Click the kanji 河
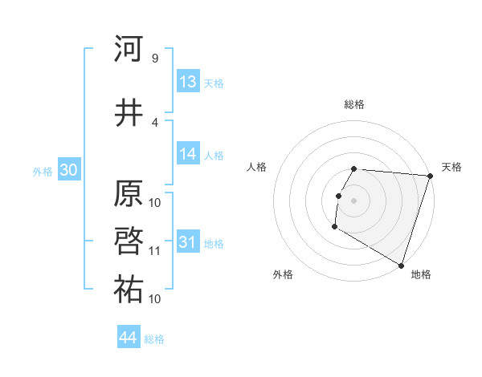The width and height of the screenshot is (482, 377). pos(129,50)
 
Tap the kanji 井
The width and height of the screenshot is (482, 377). pos(129,113)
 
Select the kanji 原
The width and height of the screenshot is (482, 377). pos(129,195)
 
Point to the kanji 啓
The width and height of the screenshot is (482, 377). pos(129,241)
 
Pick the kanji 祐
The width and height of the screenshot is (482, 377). pos(129,290)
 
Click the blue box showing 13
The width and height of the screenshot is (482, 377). pos(188,82)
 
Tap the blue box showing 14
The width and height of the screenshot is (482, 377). pos(188,154)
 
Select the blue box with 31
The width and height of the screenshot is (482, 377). pos(188,242)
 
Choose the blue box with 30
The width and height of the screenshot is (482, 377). pos(68,170)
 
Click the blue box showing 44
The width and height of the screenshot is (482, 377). pos(129,338)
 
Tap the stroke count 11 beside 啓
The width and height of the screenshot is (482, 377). pos(155,250)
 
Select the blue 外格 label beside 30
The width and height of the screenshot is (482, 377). pos(43,171)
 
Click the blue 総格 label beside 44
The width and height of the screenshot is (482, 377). pos(154,339)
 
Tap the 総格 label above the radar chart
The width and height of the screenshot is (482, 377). pos(354,104)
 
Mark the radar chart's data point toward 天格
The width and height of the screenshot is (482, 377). pos(430,176)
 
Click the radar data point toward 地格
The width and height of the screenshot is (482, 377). pos(401,265)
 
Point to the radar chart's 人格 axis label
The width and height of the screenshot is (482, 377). pos(257,167)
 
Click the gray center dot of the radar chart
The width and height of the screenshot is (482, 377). pos(354,201)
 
